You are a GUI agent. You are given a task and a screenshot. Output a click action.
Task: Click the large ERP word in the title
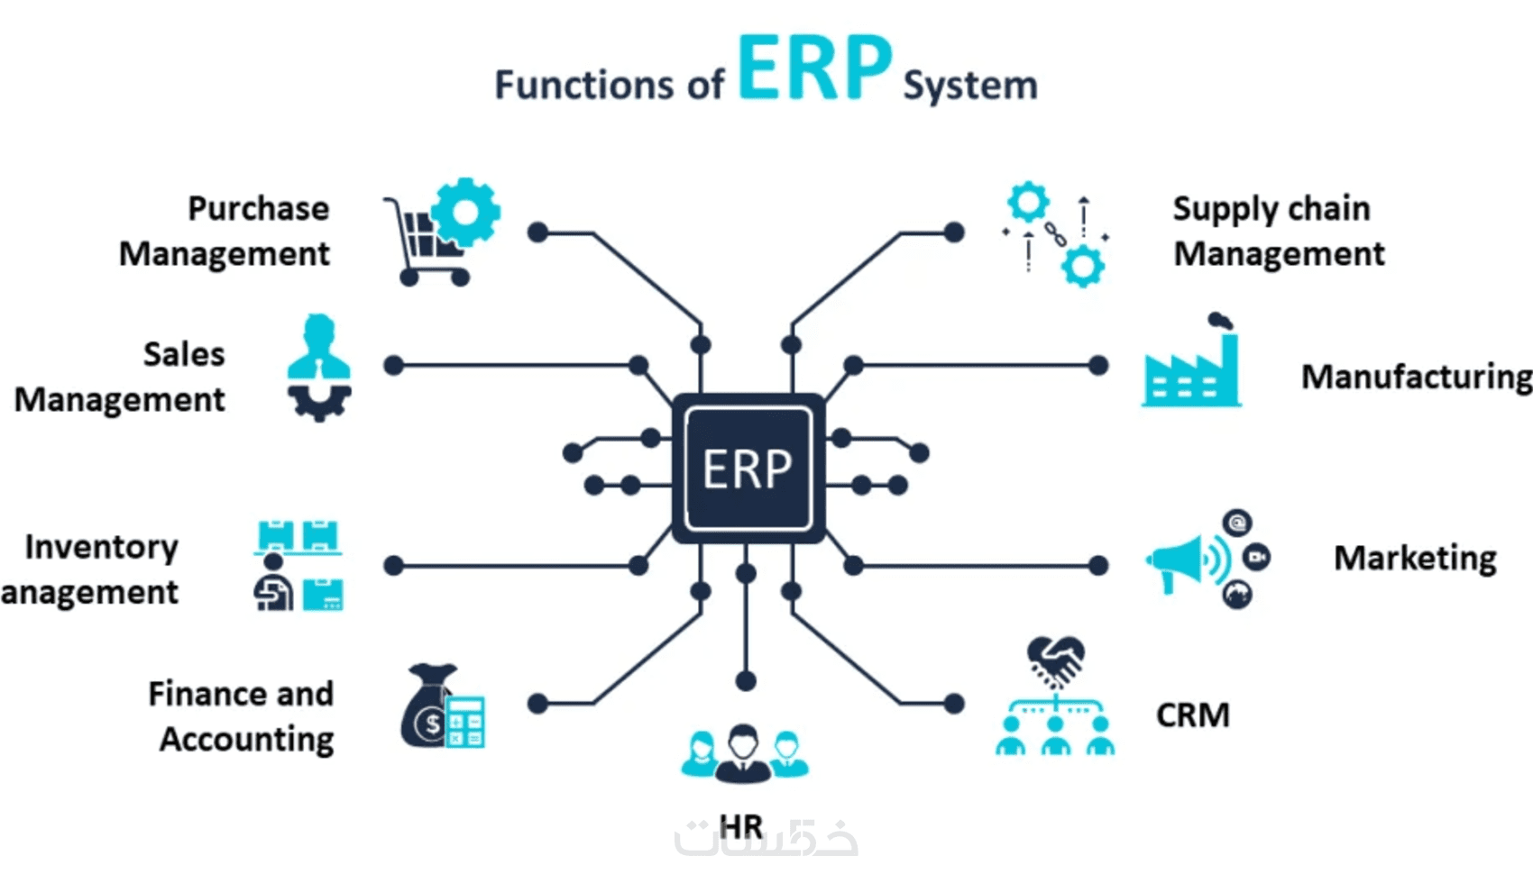tap(814, 68)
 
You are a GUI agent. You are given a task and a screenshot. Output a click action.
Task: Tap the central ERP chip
tap(748, 469)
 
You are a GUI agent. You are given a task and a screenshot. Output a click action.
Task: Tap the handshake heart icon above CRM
tap(1055, 660)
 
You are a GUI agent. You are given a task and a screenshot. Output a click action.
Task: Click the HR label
tap(741, 826)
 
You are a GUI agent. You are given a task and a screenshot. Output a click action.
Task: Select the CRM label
tap(1192, 715)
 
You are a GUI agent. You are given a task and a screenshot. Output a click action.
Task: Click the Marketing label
tap(1415, 559)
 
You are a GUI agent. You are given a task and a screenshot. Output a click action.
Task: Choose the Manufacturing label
tap(1416, 377)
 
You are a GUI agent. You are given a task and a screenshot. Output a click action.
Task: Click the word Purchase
tap(258, 209)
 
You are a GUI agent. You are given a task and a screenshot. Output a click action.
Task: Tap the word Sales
tap(184, 354)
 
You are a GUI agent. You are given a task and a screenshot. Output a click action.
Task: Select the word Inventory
tap(101, 547)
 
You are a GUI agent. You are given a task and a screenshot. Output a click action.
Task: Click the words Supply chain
tap(1271, 209)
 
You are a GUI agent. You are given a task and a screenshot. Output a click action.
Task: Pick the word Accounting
tap(246, 739)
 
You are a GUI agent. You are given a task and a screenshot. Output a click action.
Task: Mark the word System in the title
tap(969, 86)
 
